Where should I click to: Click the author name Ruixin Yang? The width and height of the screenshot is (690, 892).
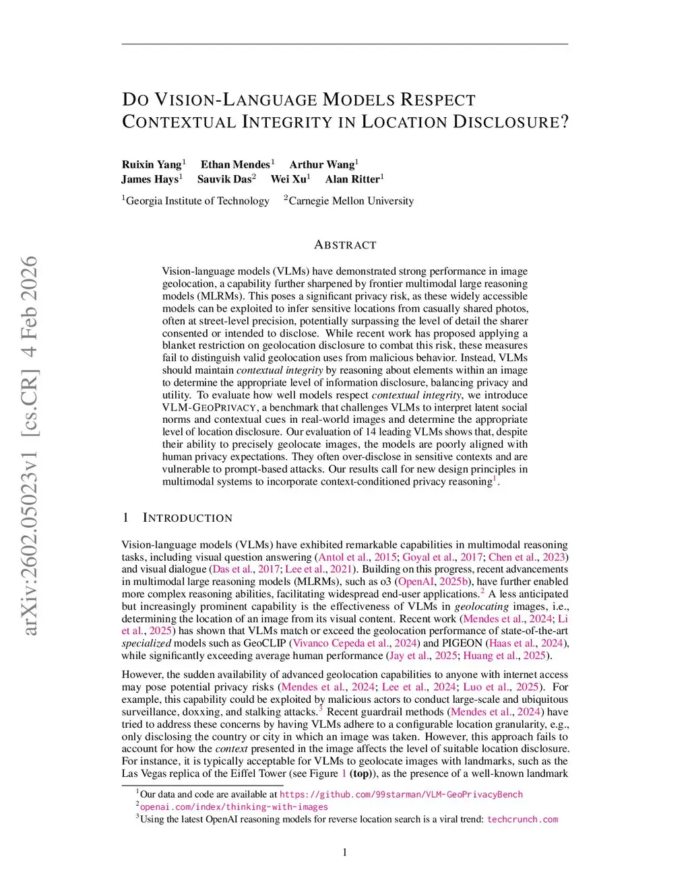coord(152,164)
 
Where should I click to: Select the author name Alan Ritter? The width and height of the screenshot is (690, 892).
coord(352,179)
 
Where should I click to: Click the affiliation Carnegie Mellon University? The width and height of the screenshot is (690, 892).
coord(351,201)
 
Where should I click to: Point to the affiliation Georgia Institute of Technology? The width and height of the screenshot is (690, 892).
coord(197,201)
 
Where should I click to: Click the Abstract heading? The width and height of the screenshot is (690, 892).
coord(345,245)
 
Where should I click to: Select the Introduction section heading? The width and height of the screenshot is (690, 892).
coord(187,518)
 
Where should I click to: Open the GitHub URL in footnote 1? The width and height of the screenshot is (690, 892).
coord(401,794)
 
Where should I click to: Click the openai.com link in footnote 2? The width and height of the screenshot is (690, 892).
coord(234,807)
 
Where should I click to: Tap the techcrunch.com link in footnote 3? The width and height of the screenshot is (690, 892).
coord(522,819)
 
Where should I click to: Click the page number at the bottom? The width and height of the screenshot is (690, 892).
coord(345,853)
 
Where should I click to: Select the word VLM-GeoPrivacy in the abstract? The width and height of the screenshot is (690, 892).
coord(210,407)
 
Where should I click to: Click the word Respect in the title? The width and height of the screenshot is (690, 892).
coord(438,100)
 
